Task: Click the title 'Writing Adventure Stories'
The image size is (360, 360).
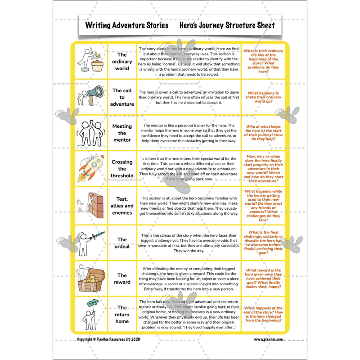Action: coord(126,25)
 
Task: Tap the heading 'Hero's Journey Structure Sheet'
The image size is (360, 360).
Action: coord(227,25)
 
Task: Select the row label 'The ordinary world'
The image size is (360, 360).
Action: coord(122,62)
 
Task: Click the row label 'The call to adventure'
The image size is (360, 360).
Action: coord(122,97)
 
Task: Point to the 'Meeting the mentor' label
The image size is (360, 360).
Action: coord(122,133)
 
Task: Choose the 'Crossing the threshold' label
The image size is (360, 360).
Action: coord(122,169)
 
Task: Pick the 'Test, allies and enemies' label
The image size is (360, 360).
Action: coord(122,206)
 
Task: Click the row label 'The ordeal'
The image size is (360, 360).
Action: coord(122,243)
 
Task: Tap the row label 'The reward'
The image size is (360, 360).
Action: coord(122,279)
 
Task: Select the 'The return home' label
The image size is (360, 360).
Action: coord(122,315)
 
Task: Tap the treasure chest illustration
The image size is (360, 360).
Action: coord(94,281)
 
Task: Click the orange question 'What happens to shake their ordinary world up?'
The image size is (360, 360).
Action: coord(263,98)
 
